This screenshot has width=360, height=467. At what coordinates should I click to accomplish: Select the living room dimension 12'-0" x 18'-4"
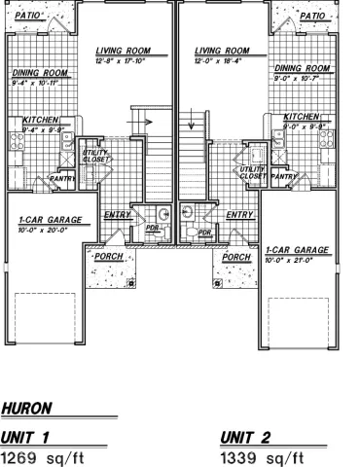point(223,60)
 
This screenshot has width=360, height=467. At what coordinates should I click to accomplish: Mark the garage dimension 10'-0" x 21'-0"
point(296,260)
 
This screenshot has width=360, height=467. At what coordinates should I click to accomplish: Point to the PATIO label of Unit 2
point(312,16)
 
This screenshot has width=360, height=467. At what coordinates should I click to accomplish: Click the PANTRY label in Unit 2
point(283,177)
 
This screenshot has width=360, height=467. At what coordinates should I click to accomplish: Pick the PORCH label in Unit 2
point(236,257)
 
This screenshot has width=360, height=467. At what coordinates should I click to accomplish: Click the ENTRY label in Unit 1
point(118,214)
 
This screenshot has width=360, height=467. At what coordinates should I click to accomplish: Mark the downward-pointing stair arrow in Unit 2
point(194,124)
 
